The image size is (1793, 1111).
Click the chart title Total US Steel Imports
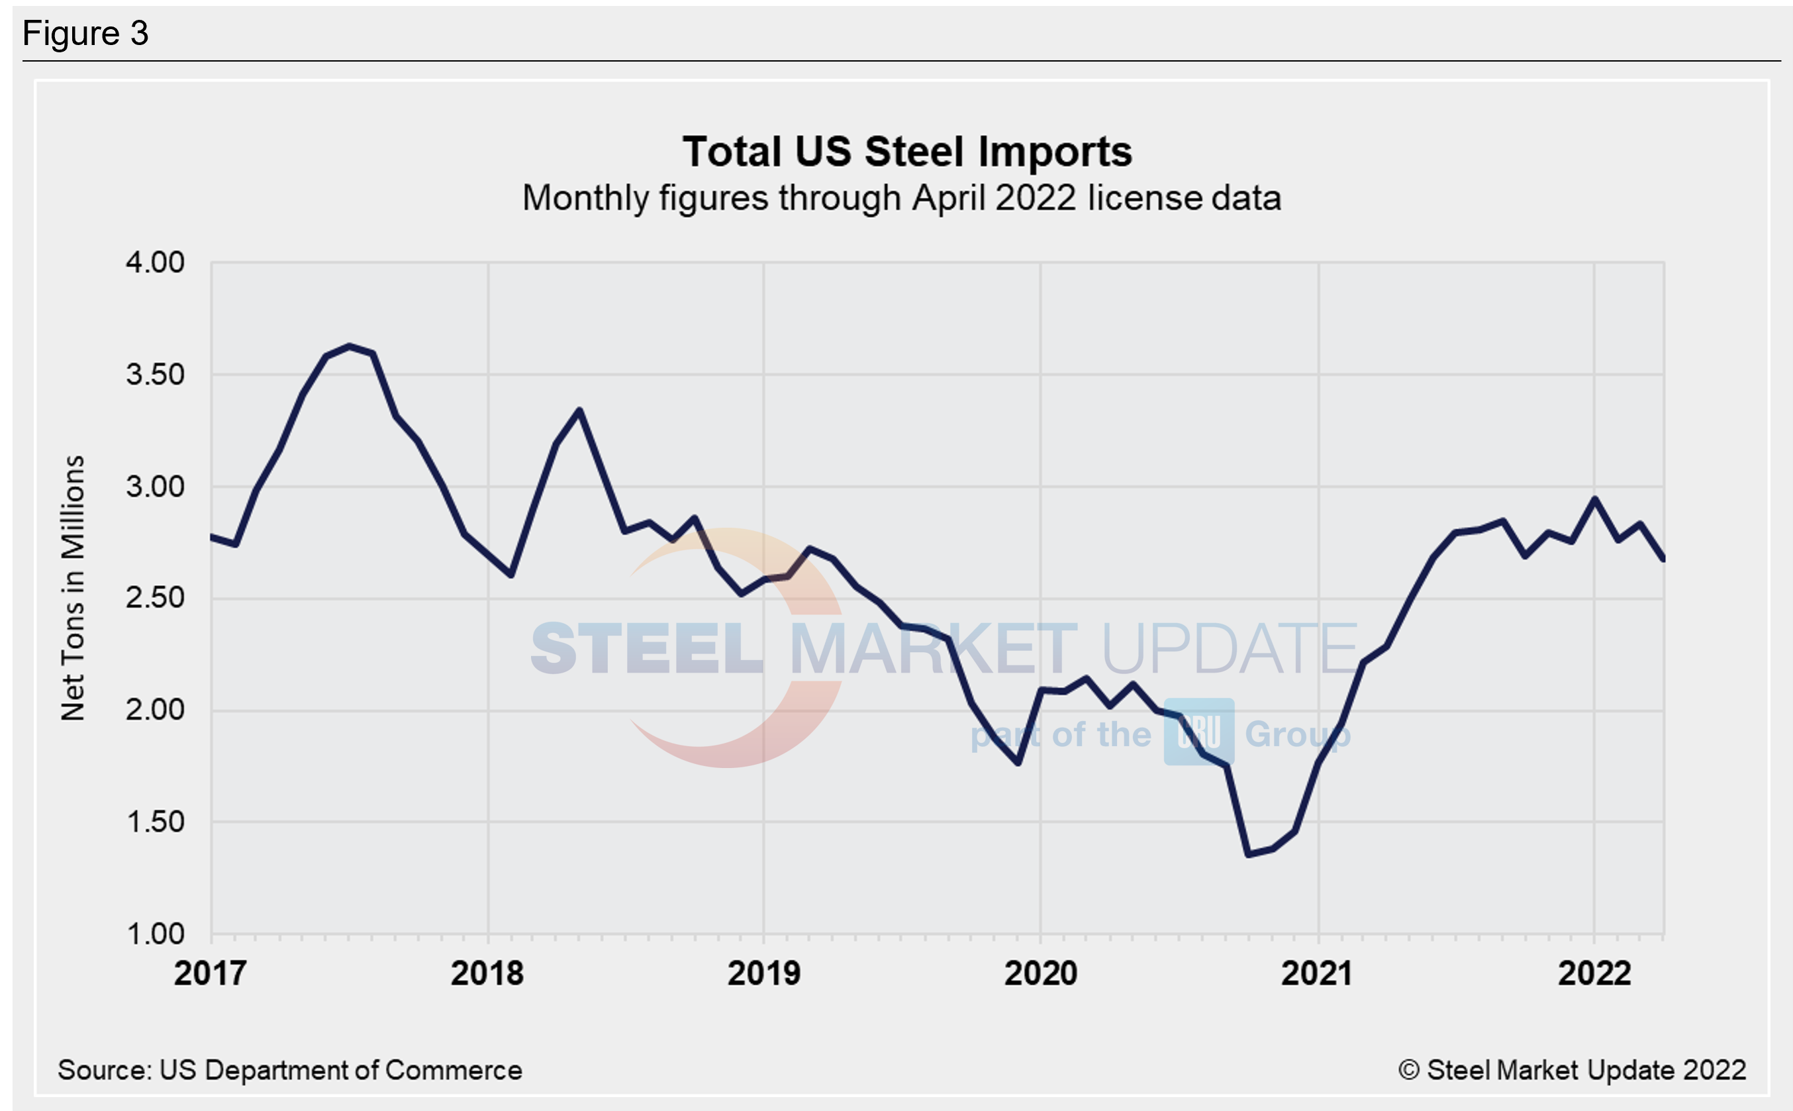(x=907, y=152)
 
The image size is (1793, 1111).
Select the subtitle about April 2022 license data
(x=902, y=199)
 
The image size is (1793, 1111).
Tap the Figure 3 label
(x=85, y=34)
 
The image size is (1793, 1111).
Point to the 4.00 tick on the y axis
(x=154, y=262)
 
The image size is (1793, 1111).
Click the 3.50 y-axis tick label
(x=154, y=375)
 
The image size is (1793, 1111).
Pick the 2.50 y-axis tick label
(x=154, y=598)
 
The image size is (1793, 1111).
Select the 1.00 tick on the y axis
(x=154, y=934)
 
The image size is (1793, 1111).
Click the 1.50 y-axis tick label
(x=154, y=822)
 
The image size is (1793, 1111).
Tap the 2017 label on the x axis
(x=209, y=973)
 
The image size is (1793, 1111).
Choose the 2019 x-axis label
(x=763, y=973)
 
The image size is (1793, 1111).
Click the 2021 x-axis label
(x=1317, y=973)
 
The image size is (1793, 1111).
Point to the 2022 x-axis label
(x=1594, y=973)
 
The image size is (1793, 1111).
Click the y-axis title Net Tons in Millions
(x=73, y=588)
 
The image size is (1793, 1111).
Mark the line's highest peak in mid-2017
(x=349, y=346)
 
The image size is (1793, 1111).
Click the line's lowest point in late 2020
(x=1249, y=855)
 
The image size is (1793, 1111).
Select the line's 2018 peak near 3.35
(x=580, y=410)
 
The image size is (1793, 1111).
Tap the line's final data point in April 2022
(x=1663, y=560)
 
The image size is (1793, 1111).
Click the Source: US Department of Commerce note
(x=289, y=1070)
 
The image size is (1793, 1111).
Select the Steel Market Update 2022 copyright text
(x=1572, y=1070)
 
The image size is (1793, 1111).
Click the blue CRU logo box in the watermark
(x=1198, y=732)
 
